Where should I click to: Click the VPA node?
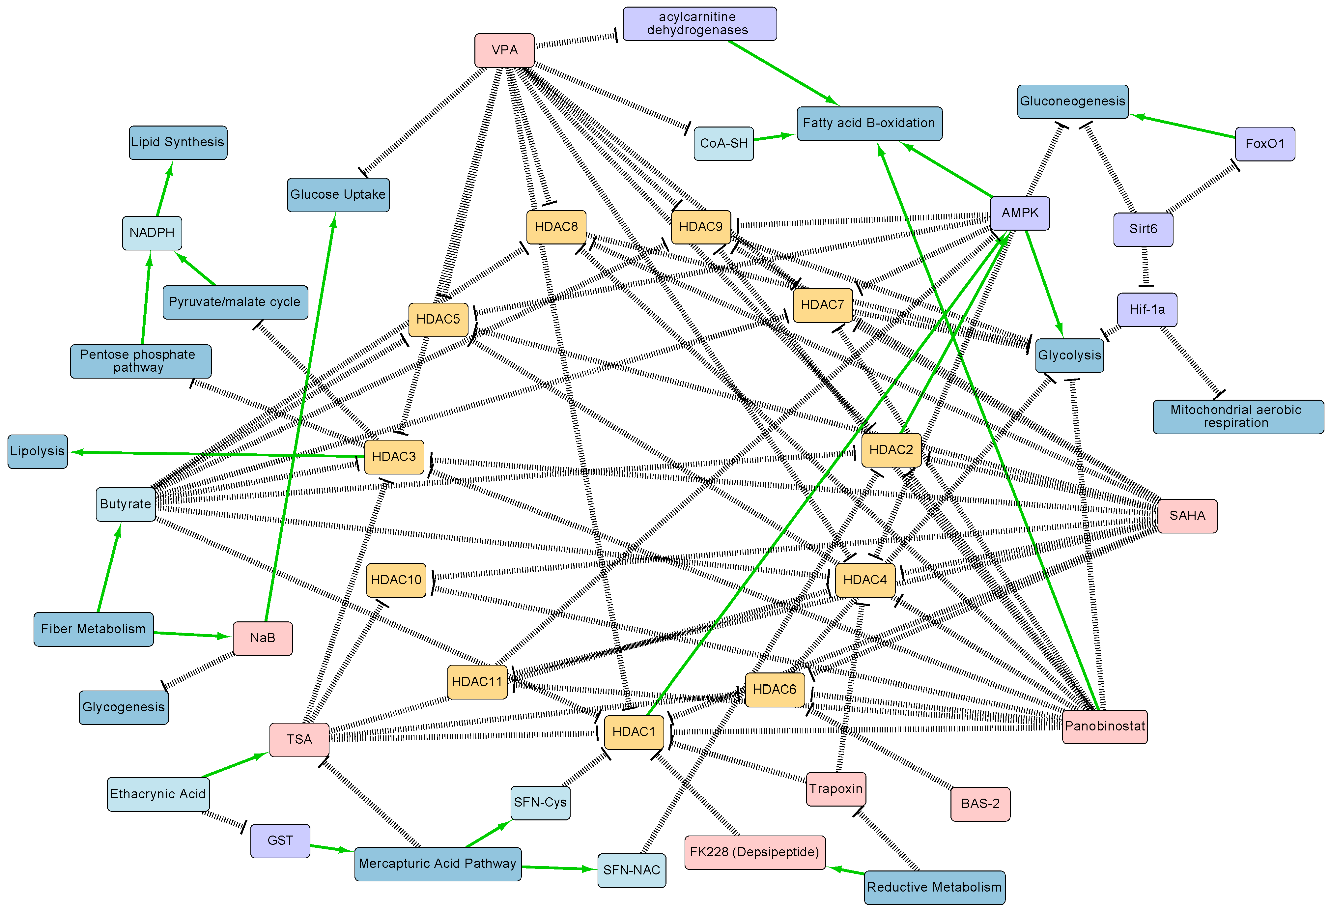click(x=504, y=50)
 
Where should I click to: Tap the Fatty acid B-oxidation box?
click(x=869, y=123)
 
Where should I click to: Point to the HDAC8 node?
click(x=556, y=227)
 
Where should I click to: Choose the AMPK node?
click(x=1020, y=213)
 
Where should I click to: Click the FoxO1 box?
click(x=1265, y=144)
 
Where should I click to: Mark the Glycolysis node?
click(x=1069, y=356)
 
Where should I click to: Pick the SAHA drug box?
click(x=1187, y=516)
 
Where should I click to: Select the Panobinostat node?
click(x=1105, y=726)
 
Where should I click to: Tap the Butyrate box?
click(x=125, y=504)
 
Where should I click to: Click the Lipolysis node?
click(x=37, y=451)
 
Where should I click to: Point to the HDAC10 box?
click(x=396, y=580)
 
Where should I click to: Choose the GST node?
click(x=280, y=840)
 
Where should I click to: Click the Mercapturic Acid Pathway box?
click(x=437, y=864)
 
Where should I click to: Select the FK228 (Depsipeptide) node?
click(x=754, y=852)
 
